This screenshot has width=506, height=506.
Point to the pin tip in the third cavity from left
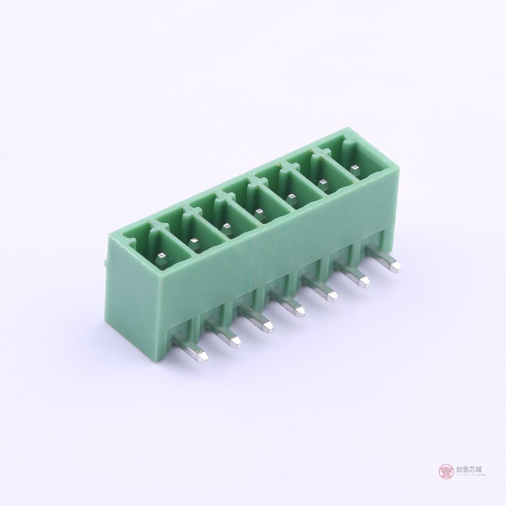226,226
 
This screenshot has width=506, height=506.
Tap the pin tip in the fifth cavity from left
292,197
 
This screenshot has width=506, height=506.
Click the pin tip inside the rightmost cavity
355,167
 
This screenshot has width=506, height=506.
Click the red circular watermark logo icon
446,472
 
